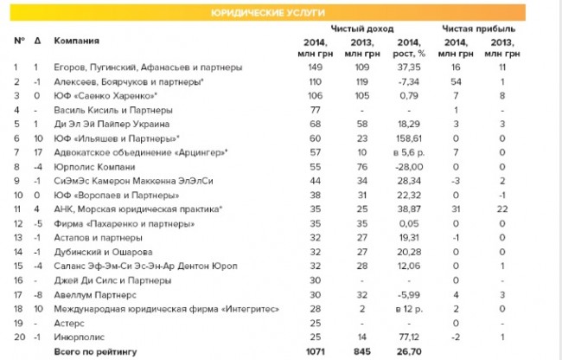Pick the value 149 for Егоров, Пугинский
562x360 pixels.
pos(315,67)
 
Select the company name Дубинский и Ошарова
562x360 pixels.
pos(102,251)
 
